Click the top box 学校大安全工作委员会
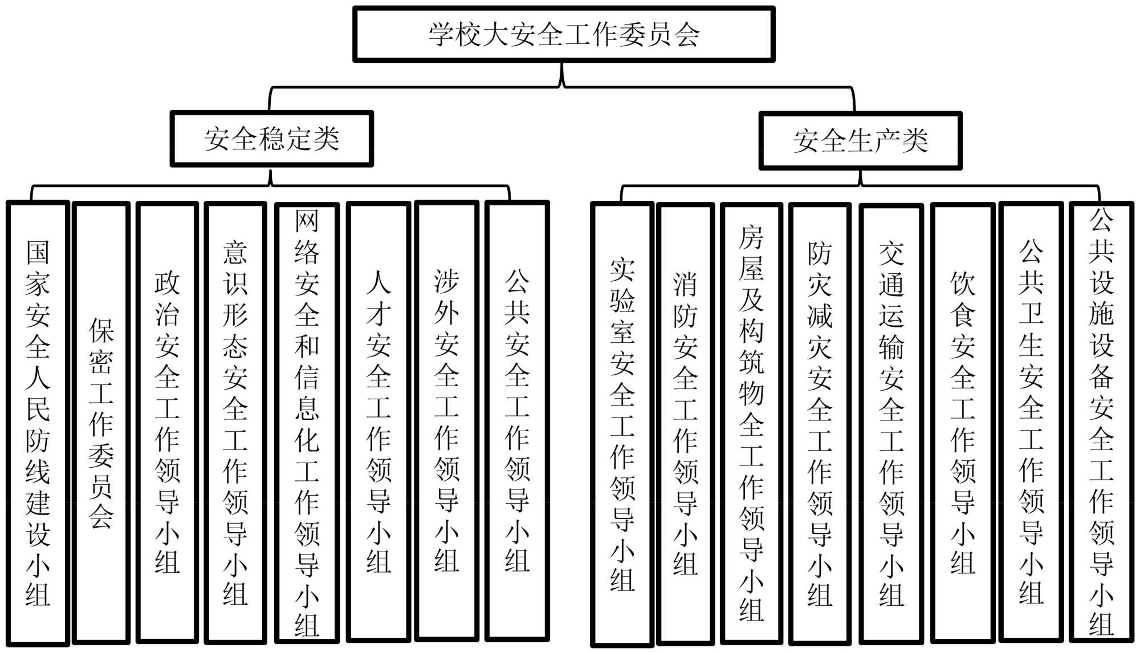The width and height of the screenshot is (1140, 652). point(564,34)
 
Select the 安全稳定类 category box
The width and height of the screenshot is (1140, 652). point(272,139)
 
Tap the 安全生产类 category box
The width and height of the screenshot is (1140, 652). point(860,141)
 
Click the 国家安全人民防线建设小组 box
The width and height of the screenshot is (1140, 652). point(38,423)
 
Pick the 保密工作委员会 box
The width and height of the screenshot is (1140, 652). point(101,423)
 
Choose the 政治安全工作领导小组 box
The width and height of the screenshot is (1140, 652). point(167,423)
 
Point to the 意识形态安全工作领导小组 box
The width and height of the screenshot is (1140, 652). point(235,423)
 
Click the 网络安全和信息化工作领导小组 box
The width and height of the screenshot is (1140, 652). point(307,423)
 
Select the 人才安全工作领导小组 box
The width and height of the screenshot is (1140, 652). point(378,423)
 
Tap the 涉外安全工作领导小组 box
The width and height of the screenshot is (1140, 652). point(446,423)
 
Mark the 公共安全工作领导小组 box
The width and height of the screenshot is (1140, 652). point(517,423)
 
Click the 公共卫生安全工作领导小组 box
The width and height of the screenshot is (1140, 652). point(1031,423)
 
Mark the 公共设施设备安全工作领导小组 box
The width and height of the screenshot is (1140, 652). point(1101,423)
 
